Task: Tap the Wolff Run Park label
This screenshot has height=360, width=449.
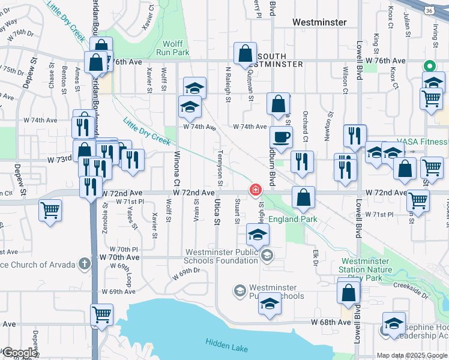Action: pyautogui.click(x=173, y=48)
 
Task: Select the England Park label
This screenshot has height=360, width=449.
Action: pyautogui.click(x=292, y=220)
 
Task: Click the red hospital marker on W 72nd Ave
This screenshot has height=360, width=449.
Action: pyautogui.click(x=256, y=190)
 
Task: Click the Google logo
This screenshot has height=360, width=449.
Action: pyautogui.click(x=19, y=353)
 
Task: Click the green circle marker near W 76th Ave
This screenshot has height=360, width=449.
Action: pyautogui.click(x=429, y=66)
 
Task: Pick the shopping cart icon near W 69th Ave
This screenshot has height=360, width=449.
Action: pyautogui.click(x=102, y=314)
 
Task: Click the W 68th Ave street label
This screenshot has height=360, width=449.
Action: pyautogui.click(x=331, y=322)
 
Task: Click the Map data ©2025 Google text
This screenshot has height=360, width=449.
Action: pyautogui.click(x=412, y=355)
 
